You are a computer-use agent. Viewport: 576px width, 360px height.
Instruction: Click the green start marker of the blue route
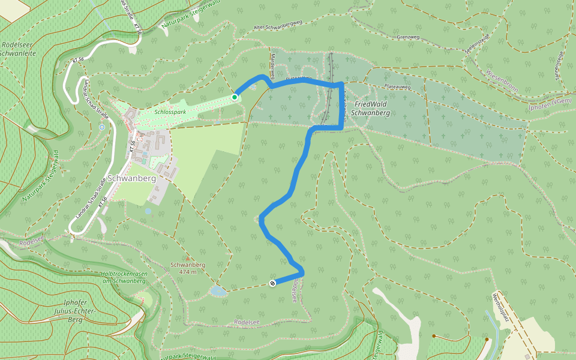235,97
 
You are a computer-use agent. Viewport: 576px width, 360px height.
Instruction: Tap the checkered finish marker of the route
272,283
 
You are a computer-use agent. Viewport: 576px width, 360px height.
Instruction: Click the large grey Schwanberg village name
132,178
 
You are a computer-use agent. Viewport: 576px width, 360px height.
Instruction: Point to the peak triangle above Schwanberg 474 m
187,258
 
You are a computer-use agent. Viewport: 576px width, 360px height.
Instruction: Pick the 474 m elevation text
188,272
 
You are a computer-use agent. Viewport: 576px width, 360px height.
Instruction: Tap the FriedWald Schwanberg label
370,108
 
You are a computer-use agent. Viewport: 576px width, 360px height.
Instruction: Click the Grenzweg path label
407,37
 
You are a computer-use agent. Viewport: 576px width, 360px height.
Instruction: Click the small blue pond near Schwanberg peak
218,291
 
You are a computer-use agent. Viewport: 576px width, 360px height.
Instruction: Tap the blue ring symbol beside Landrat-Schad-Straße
102,127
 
